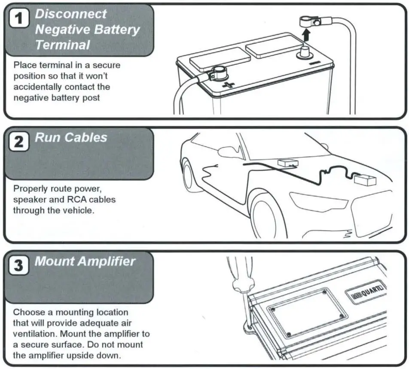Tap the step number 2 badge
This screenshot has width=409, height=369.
[x=19, y=142]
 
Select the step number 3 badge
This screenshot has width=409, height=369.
[x=19, y=265]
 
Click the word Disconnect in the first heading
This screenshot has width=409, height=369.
[x=70, y=14]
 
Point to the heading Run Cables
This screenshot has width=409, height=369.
[x=71, y=138]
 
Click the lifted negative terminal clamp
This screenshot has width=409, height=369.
[x=309, y=21]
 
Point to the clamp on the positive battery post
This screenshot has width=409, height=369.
[x=218, y=72]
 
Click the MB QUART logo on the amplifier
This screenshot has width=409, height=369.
[x=365, y=296]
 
